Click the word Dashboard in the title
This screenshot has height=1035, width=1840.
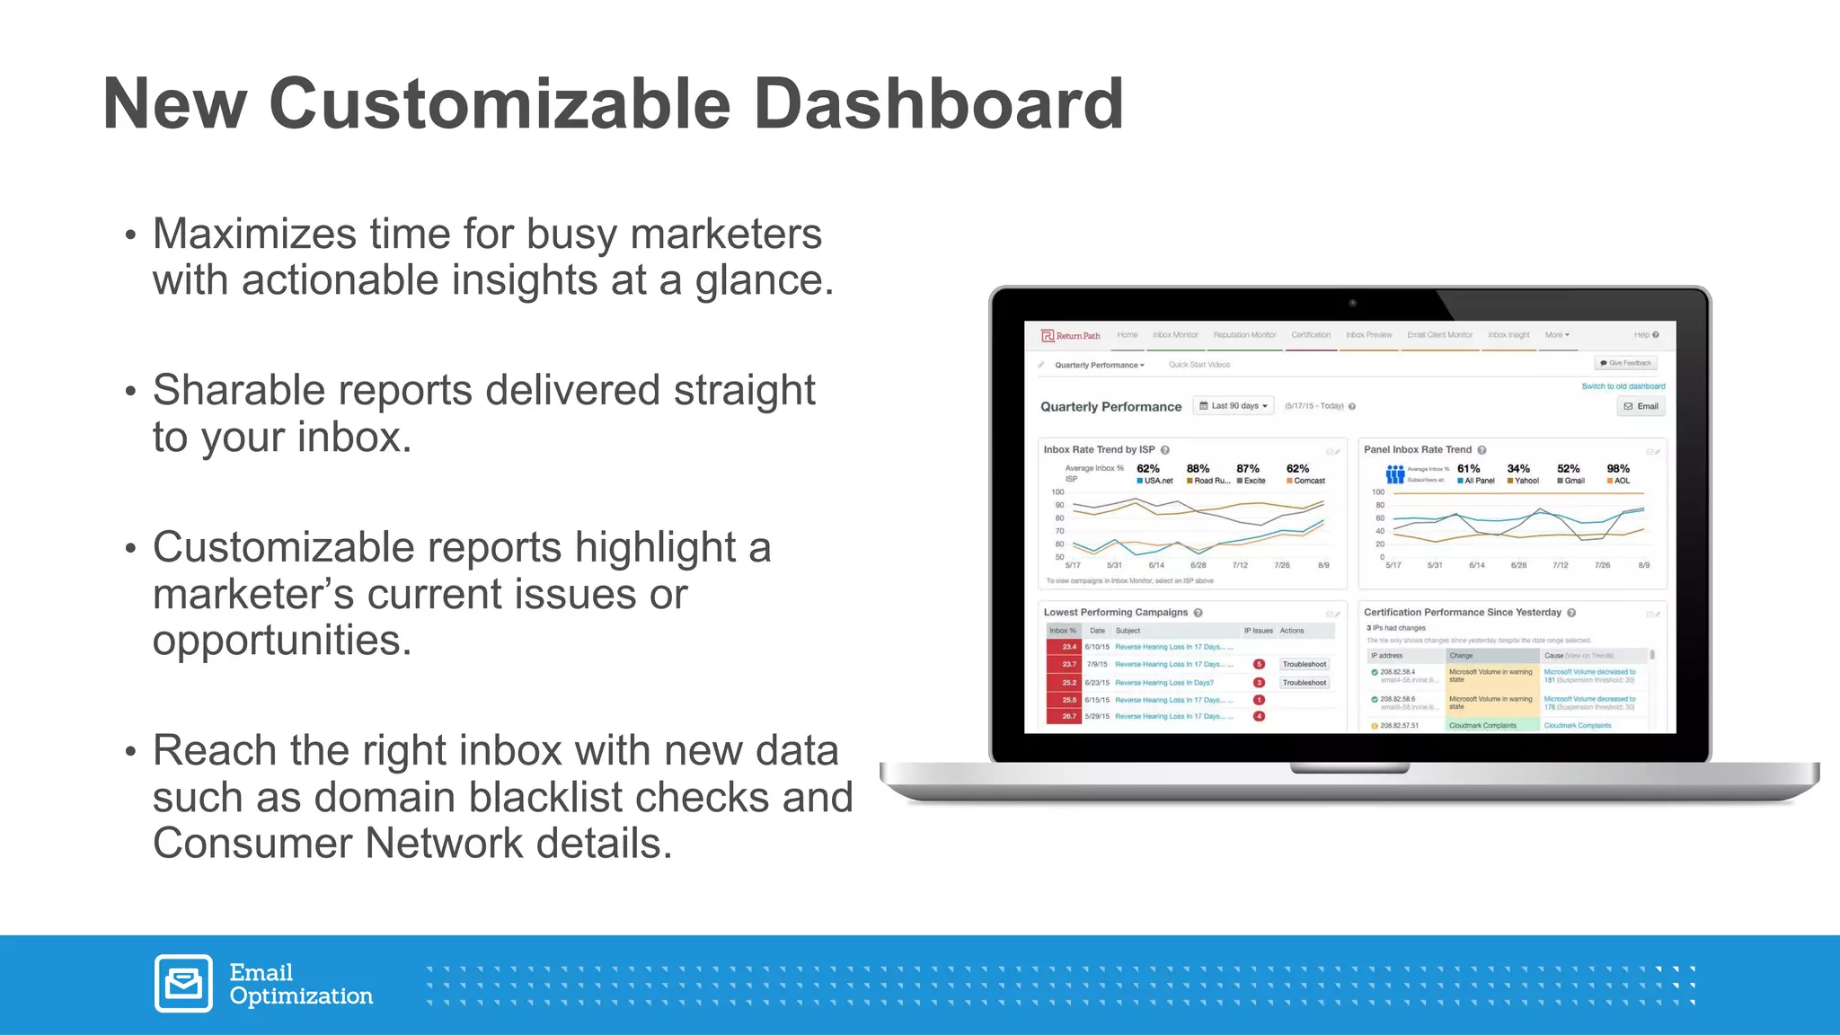(938, 103)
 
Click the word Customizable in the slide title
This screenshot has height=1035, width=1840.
(500, 103)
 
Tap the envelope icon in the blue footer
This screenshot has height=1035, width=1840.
(183, 983)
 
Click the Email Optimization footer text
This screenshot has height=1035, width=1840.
(300, 985)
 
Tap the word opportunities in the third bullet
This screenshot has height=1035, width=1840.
(281, 641)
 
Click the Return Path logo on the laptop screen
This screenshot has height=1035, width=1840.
(1070, 336)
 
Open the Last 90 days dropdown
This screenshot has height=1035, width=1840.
(1234, 406)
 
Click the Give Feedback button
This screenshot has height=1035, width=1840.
(1625, 363)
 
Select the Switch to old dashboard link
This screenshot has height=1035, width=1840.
(1623, 386)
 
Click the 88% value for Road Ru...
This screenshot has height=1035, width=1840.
(1198, 469)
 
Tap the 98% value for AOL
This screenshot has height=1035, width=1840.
(1617, 469)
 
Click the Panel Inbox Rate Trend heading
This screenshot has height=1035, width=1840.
(1417, 450)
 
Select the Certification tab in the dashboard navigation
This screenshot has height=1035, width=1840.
(1311, 335)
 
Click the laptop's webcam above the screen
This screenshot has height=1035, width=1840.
(1352, 303)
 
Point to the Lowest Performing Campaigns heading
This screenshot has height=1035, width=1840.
(1115, 613)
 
